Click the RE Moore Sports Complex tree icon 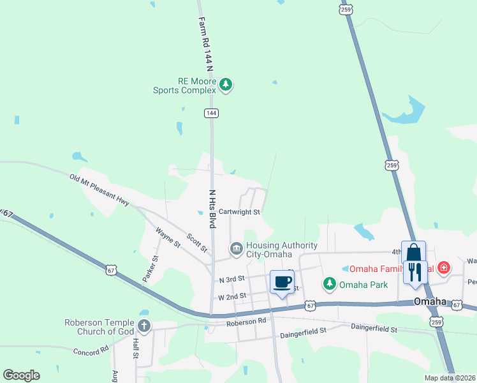pyautogui.click(x=225, y=84)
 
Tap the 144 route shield pyautogui.click(x=212, y=113)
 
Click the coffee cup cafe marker pyautogui.click(x=282, y=282)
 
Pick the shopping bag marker pyautogui.click(x=413, y=252)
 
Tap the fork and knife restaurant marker pyautogui.click(x=415, y=271)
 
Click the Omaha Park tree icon pyautogui.click(x=329, y=283)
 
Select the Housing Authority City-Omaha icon pyautogui.click(x=236, y=248)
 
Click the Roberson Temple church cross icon pyautogui.click(x=144, y=326)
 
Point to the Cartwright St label pyautogui.click(x=239, y=212)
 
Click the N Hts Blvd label pyautogui.click(x=212, y=209)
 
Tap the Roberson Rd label pyautogui.click(x=246, y=322)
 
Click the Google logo pyautogui.click(x=21, y=375)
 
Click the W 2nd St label pyautogui.click(x=232, y=297)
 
